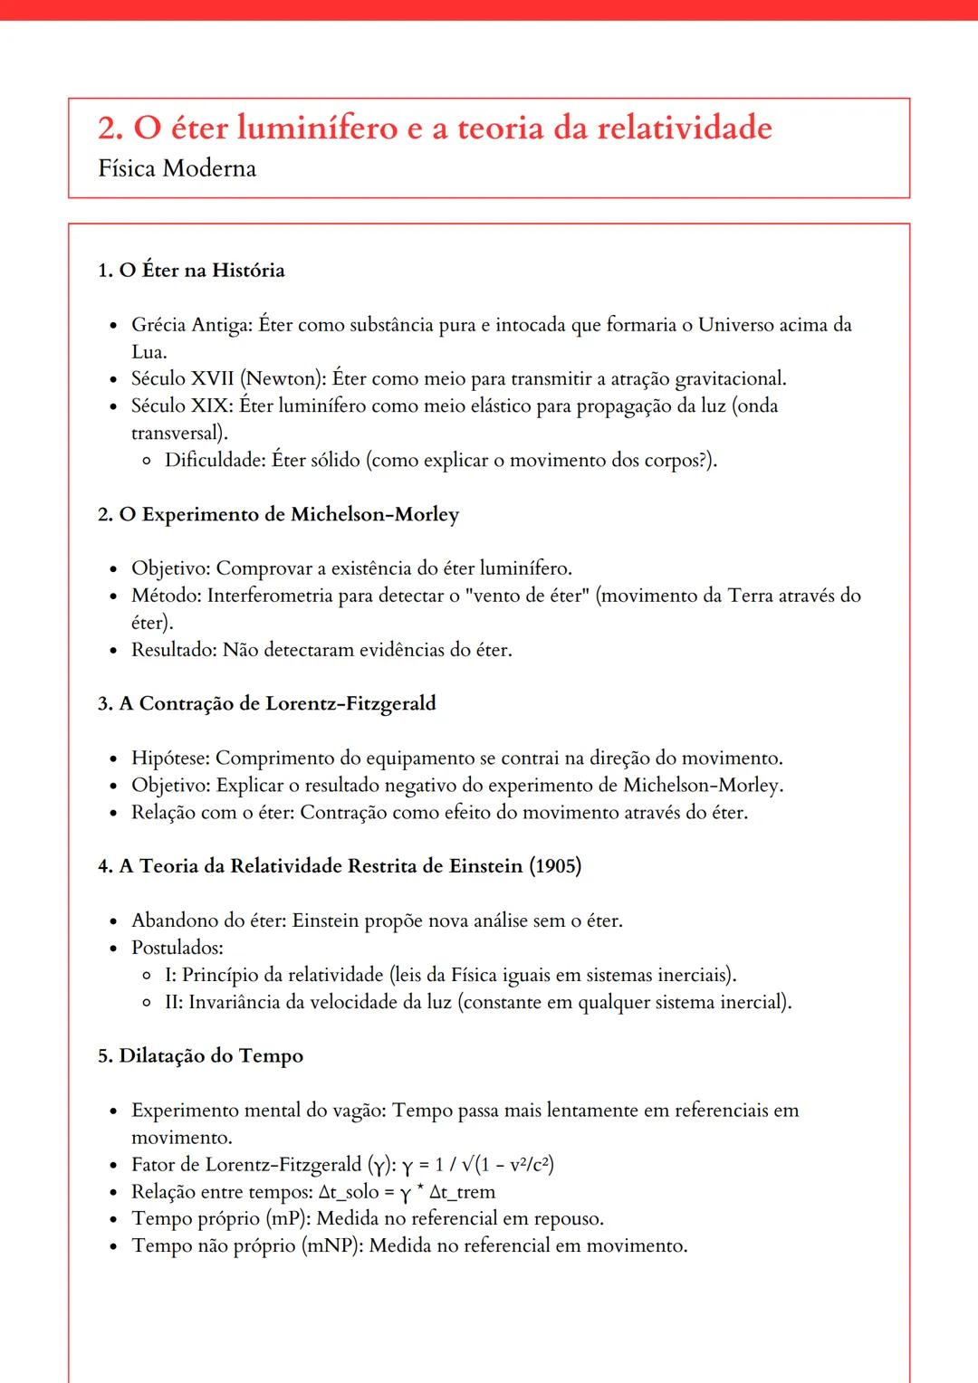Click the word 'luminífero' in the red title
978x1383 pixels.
317,128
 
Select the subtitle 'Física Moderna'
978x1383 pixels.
177,168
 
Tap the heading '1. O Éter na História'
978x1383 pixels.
191,271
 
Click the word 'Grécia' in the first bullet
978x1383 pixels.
158,325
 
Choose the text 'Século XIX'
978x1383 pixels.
180,405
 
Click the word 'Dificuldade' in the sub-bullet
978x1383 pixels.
216,460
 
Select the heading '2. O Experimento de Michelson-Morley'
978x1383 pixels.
278,514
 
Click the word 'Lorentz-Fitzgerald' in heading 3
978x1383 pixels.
350,703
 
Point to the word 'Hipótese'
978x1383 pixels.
170,758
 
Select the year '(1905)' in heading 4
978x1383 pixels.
555,866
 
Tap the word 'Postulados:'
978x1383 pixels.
177,948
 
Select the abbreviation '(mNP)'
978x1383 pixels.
331,1246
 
